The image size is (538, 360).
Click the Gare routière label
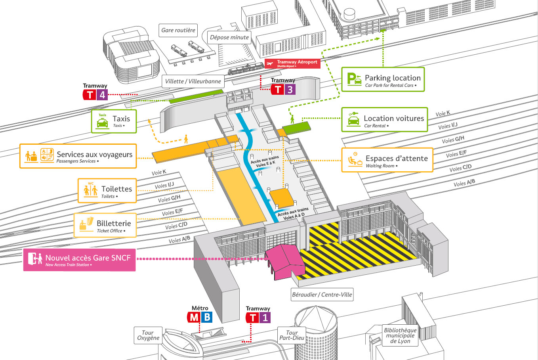click(178, 30)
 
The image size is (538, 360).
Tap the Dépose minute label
click(229, 38)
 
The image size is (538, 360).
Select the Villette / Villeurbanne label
click(193, 81)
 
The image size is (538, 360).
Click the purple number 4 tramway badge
click(103, 95)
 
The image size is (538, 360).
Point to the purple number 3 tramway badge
click(290, 90)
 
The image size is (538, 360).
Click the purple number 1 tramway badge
click(265, 318)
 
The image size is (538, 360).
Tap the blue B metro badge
click(206, 317)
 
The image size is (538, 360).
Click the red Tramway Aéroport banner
click(292, 63)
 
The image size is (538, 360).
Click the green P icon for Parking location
click(354, 79)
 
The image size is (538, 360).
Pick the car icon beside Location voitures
click(353, 119)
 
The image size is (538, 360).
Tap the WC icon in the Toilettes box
click(91, 190)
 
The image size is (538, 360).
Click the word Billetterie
click(114, 223)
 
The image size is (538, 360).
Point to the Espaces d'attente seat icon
click(354, 159)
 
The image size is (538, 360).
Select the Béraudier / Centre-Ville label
click(322, 295)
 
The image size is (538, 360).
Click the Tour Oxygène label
click(148, 335)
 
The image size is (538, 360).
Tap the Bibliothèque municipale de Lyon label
click(400, 335)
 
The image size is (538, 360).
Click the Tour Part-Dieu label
click(292, 335)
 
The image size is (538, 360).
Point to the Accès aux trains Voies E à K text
click(264, 161)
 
